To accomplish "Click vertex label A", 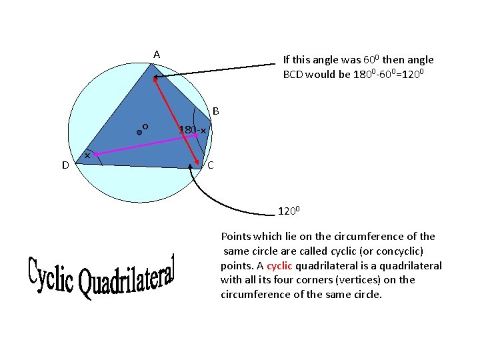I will pyautogui.click(x=156, y=54).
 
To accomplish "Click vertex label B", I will pyautogui.click(x=216, y=110).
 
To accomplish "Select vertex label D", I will pyautogui.click(x=65, y=165).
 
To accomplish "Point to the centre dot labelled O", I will pyautogui.click(x=139, y=133).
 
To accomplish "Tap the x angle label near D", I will pyautogui.click(x=87, y=155).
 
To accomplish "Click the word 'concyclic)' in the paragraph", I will pyautogui.click(x=398, y=251).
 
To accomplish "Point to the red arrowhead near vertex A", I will pyautogui.click(x=155, y=80).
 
